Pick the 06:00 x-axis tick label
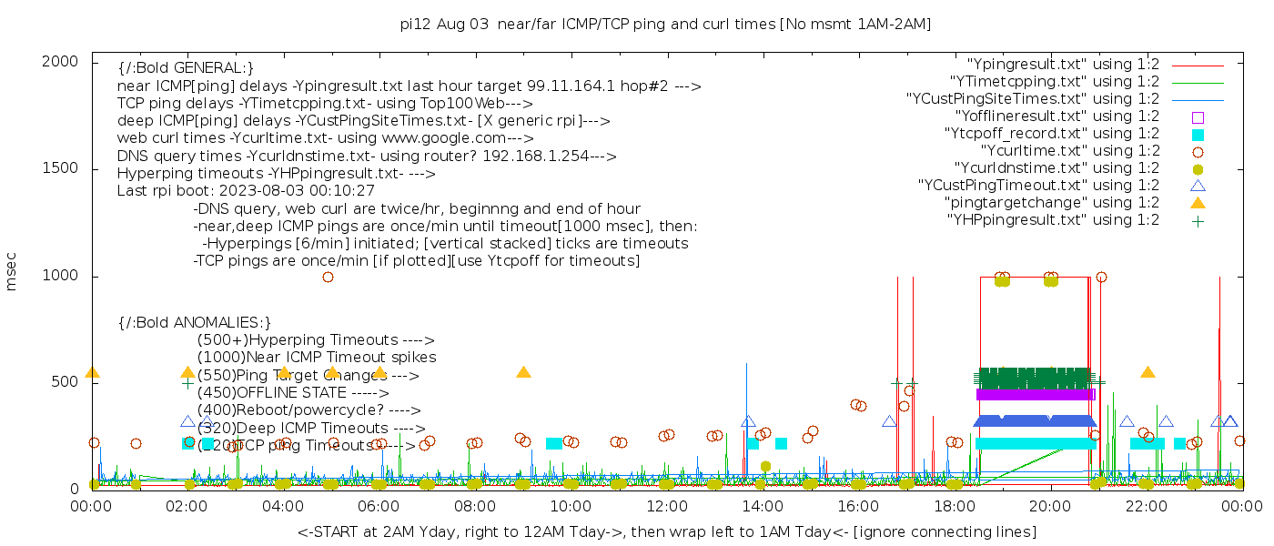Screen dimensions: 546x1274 coord(379,507)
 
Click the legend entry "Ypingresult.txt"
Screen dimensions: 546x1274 coord(1063,65)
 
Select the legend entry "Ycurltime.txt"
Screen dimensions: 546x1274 coord(1069,151)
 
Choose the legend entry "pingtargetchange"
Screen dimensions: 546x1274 coord(1052,203)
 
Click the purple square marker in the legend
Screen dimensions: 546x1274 coord(1198,116)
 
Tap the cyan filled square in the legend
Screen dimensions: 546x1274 coord(1198,134)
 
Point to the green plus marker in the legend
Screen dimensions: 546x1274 coord(1198,220)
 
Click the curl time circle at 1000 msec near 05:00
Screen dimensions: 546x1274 coord(328,277)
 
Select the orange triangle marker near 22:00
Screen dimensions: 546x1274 coord(1148,372)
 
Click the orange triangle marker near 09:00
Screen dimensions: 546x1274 coord(523,372)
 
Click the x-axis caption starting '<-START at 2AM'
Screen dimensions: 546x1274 coord(666,531)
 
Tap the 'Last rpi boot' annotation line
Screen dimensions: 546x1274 coord(246,191)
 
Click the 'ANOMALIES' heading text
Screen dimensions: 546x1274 coord(196,322)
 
